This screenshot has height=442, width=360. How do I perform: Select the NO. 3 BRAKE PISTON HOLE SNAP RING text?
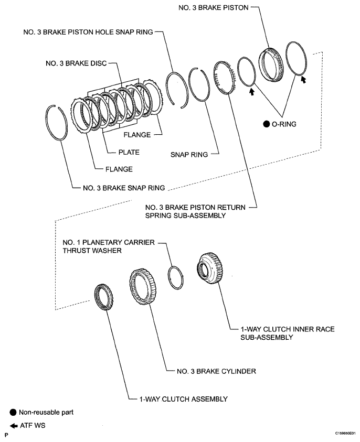click(88, 32)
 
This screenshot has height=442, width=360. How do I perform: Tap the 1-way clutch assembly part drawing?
click(103, 298)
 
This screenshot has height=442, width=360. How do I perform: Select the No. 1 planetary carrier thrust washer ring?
click(176, 277)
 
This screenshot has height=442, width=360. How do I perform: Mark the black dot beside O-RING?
click(267, 124)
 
